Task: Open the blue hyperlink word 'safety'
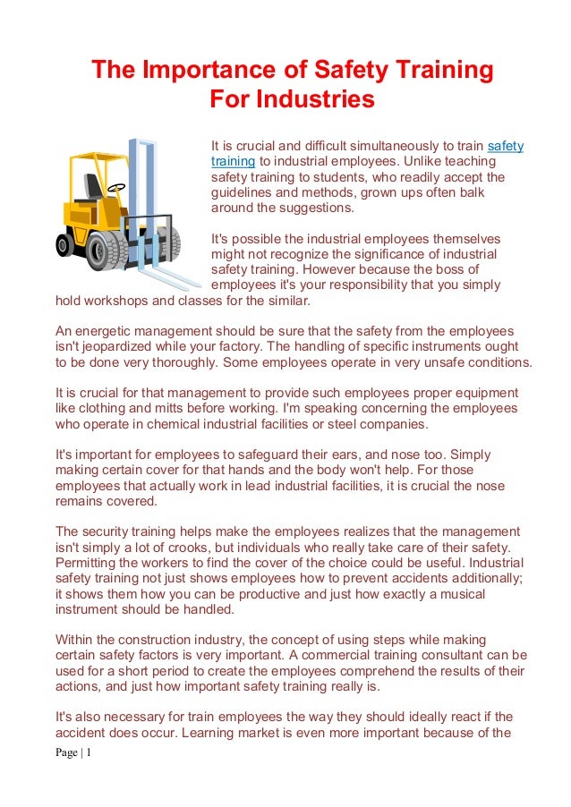tap(506, 146)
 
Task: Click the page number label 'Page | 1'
tap(73, 752)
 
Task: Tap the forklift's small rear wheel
tap(66, 243)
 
